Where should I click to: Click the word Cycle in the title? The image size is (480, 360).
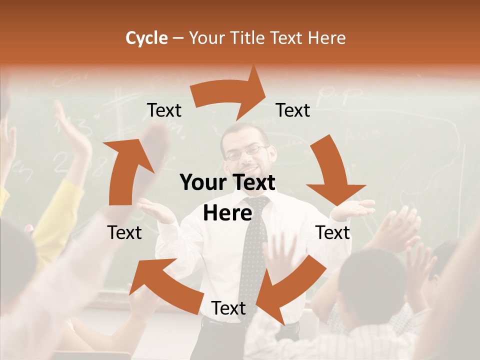click(146, 38)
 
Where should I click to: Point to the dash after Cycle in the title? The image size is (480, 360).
click(178, 38)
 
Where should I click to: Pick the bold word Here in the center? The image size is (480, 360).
click(227, 213)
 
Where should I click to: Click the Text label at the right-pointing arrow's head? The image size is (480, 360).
click(293, 110)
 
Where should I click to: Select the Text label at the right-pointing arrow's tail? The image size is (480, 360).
click(164, 110)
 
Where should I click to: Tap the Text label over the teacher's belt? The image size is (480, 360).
click(228, 308)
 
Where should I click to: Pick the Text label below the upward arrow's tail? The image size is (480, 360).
click(124, 232)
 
